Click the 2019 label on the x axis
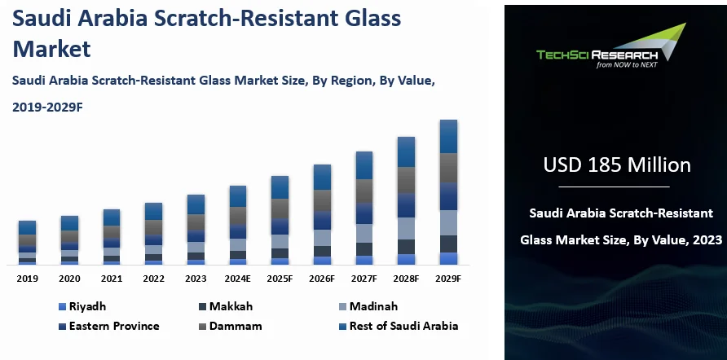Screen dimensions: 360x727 click(27, 279)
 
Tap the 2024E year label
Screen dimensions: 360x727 click(238, 279)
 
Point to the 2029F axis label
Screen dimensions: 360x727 click(448, 279)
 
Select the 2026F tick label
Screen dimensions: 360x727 click(322, 279)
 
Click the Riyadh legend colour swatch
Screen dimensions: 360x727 click(62, 307)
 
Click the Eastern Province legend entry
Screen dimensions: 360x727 click(114, 326)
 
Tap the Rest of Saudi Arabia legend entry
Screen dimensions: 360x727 click(403, 326)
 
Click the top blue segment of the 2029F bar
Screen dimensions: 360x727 click(448, 137)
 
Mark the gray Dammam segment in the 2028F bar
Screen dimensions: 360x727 click(407, 180)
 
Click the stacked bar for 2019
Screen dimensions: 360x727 click(27, 243)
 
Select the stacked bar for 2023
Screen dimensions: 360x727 click(196, 230)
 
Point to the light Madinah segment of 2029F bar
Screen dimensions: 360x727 click(448, 222)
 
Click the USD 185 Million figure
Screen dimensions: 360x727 click(617, 165)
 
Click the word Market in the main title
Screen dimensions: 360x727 click(51, 48)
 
